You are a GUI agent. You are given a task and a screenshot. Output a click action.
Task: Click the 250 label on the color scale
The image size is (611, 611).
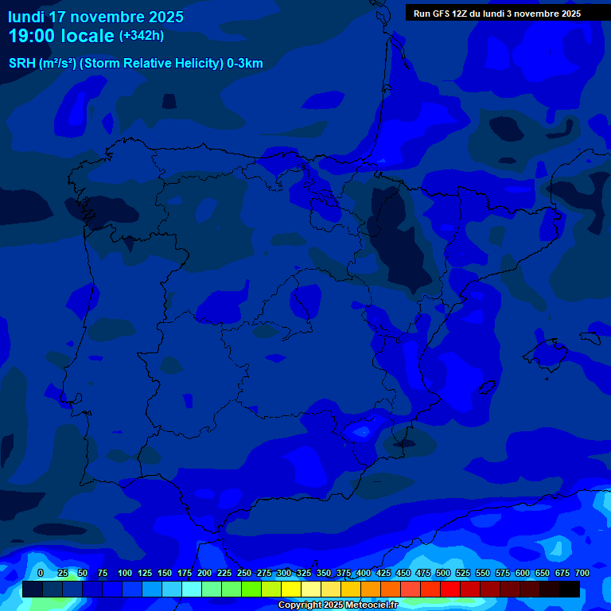pos(244,573)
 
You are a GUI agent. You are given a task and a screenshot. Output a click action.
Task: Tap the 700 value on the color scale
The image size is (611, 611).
pos(582,573)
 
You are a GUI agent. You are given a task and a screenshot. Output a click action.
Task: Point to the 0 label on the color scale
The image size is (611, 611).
pos(41,573)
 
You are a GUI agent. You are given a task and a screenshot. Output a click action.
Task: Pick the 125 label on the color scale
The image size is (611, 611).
pos(145,573)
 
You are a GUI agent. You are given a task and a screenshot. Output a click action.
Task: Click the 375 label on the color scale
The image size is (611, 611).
pos(344,573)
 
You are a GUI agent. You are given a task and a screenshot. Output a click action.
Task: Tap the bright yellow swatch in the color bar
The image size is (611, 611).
pos(291,589)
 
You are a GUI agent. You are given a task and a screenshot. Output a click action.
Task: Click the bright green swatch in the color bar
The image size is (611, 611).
pos(251,589)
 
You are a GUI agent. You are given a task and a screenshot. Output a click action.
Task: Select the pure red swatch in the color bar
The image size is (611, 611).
pos(450,589)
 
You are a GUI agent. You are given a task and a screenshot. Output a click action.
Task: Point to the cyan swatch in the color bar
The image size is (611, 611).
pos(192,589)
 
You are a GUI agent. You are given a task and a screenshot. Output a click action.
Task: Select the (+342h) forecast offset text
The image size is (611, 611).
pos(142,36)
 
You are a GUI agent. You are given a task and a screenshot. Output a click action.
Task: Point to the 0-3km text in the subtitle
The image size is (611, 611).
pos(244,64)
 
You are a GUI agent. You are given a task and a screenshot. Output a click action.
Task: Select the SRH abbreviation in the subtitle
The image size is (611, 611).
pos(22,64)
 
